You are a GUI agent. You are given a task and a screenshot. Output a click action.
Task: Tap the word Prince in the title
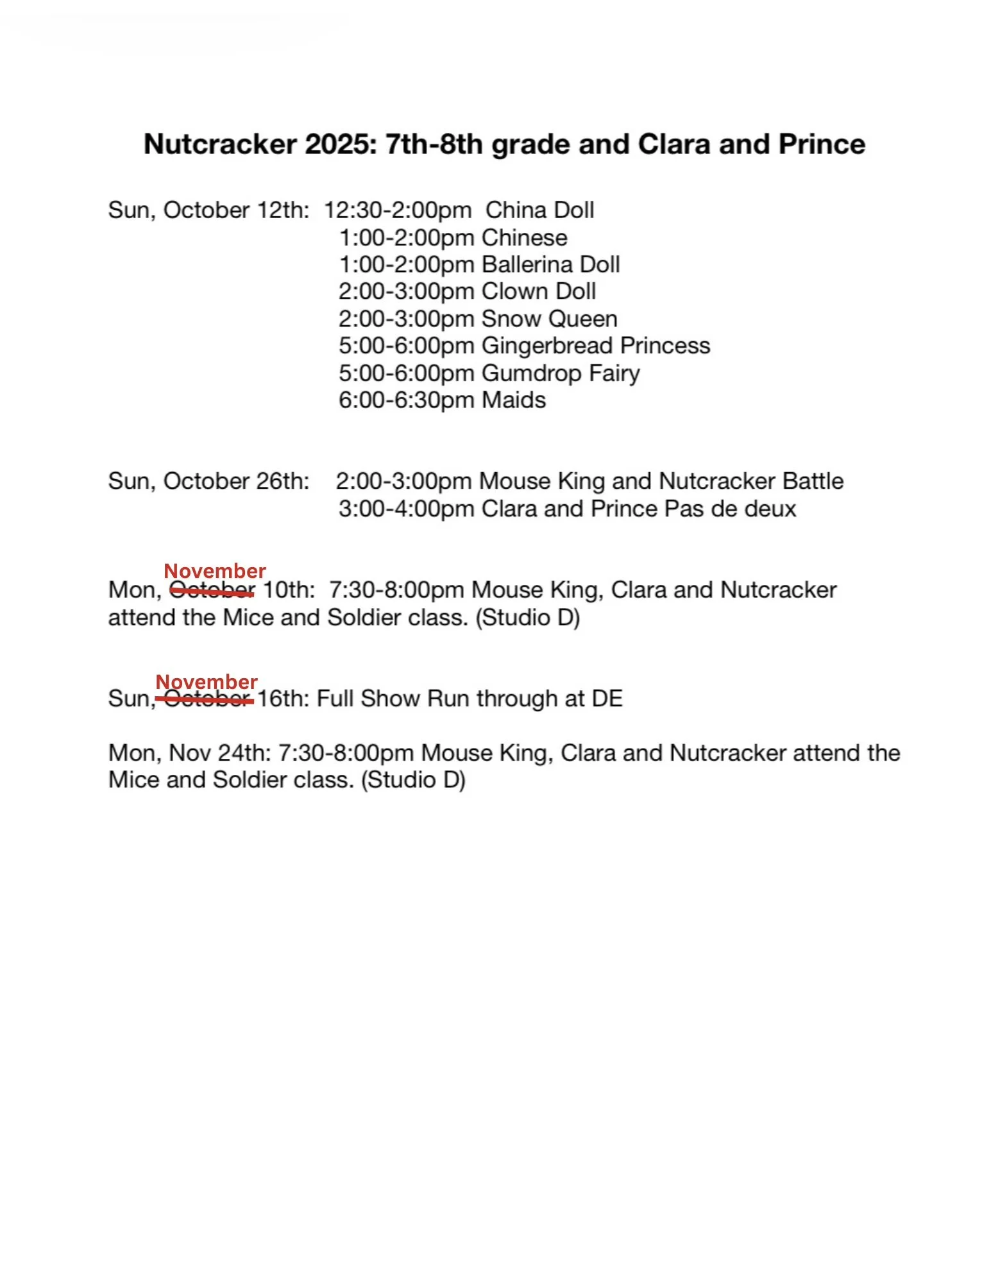(x=821, y=144)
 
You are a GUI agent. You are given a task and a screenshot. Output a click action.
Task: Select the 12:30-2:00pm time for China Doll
(x=398, y=210)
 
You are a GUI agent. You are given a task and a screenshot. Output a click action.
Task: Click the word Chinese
(x=525, y=238)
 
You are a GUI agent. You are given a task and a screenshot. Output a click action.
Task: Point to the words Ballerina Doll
(x=550, y=265)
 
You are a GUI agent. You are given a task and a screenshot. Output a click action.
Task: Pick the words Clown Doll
(x=539, y=292)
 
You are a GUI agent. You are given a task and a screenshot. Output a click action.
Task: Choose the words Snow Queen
(x=549, y=319)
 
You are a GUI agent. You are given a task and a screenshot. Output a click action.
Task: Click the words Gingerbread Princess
(x=595, y=346)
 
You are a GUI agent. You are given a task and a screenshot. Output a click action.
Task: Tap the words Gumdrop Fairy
(x=561, y=373)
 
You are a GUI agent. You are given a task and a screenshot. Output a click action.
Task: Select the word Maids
(x=514, y=400)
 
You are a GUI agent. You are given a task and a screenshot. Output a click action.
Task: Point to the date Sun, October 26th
(x=208, y=481)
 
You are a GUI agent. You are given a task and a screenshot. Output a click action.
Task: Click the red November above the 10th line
(x=215, y=570)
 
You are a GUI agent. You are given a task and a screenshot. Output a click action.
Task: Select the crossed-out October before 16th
(x=207, y=699)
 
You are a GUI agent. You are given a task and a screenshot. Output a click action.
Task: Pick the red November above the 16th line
(x=207, y=681)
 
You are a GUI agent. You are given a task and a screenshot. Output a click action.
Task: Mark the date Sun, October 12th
(x=208, y=210)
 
